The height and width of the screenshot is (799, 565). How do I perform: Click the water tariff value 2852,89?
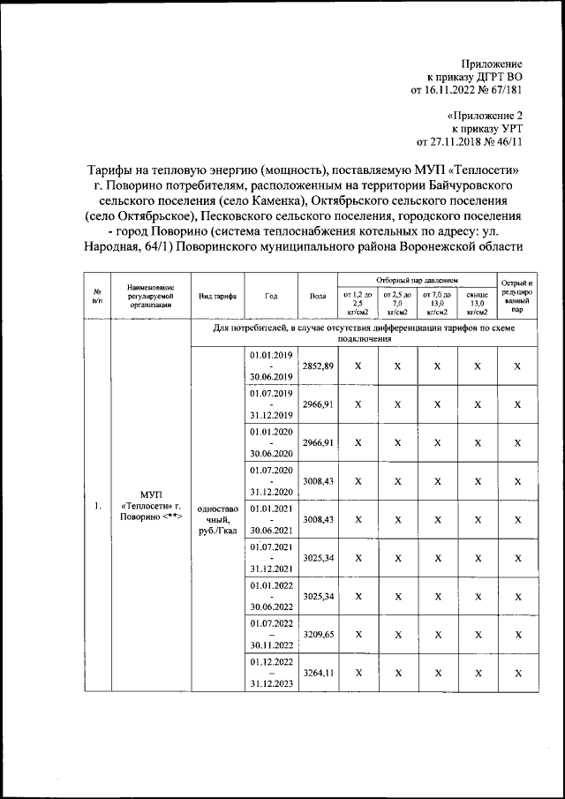317,366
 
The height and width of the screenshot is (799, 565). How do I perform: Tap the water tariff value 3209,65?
317,634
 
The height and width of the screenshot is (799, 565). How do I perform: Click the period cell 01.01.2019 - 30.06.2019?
270,366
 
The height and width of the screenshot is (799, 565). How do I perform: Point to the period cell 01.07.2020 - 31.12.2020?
270,480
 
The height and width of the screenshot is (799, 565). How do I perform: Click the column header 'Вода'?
317,296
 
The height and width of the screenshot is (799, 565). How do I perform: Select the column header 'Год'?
270,296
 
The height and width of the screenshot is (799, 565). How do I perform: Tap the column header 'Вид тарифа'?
216,296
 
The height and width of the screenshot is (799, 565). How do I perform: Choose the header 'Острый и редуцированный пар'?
518,296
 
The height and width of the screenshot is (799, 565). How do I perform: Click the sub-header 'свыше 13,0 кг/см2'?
477,302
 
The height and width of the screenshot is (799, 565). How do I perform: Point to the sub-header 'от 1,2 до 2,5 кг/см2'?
358,302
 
